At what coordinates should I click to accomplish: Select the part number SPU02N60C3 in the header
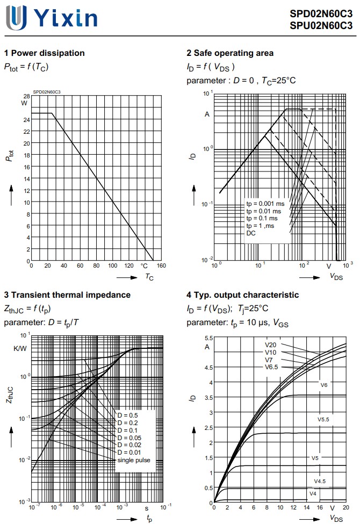tap(321, 25)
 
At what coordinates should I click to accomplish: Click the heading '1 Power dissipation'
tap(45, 53)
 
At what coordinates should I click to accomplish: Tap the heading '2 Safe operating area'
tap(230, 53)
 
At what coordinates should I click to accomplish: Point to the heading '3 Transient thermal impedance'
tap(67, 295)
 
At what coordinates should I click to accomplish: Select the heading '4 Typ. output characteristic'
tap(242, 295)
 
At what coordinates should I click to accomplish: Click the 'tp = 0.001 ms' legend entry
tap(265, 204)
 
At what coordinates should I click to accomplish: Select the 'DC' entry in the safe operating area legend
tap(251, 233)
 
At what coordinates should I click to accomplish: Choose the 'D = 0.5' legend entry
tap(127, 415)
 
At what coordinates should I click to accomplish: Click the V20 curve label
tap(270, 345)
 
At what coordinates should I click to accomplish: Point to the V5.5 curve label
tap(323, 419)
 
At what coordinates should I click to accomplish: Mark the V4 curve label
tap(313, 493)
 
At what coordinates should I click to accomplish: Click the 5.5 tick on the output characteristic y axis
tap(209, 338)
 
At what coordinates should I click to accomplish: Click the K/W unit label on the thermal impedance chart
tap(20, 349)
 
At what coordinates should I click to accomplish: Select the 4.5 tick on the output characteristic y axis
tap(209, 368)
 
